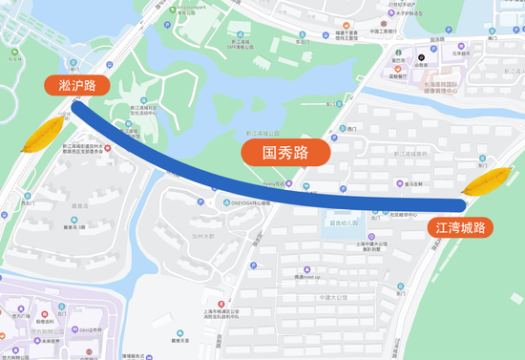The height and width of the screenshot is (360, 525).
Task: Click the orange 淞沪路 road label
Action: (x=76, y=86)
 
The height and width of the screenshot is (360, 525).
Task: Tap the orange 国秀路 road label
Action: (x=285, y=151)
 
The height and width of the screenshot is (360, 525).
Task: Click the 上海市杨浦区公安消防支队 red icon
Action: (x=222, y=303)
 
